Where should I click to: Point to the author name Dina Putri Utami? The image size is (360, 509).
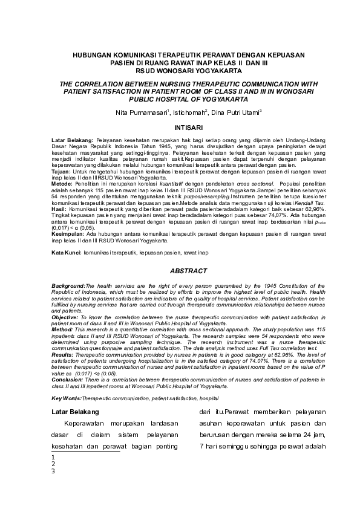[226, 112]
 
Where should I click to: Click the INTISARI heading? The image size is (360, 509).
[180, 128]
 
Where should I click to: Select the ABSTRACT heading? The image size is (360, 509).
[180, 272]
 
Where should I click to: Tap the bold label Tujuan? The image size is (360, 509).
[61, 172]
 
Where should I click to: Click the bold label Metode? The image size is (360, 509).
[62, 182]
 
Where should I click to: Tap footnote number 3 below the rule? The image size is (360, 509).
[53, 472]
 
